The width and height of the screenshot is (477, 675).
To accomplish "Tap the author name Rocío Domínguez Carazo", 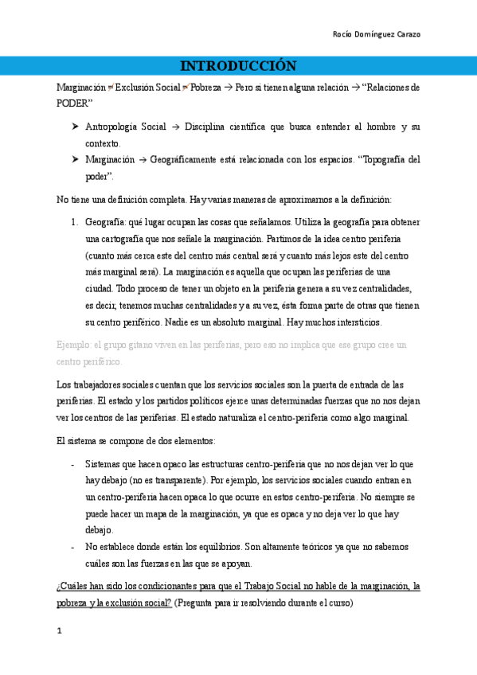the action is (376, 34).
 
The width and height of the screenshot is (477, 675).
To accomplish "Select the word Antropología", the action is (111, 127).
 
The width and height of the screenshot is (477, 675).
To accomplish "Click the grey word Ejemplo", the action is (74, 345).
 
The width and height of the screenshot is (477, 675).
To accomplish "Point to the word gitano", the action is (144, 345).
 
